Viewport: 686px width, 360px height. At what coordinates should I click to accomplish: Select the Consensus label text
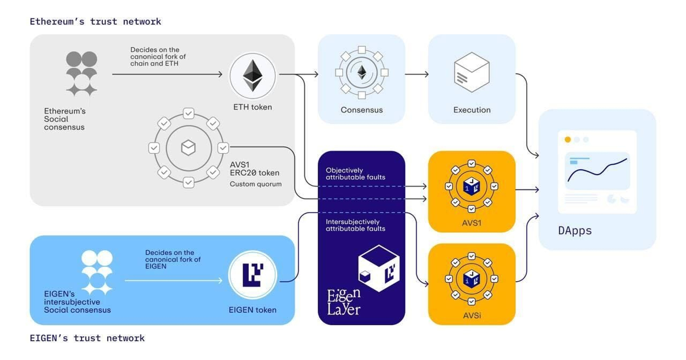pos(361,110)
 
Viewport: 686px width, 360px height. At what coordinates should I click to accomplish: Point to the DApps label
pos(575,230)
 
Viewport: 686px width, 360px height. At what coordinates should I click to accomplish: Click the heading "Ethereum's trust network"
pos(95,21)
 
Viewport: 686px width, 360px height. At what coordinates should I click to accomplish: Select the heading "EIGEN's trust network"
pos(87,338)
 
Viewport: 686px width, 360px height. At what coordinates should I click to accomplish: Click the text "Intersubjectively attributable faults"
pos(355,225)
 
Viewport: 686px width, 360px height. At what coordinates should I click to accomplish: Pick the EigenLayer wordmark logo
pos(343,301)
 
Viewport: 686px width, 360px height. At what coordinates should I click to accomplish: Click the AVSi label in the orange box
pos(472,316)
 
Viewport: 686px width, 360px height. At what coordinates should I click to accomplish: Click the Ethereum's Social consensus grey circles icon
pos(81,73)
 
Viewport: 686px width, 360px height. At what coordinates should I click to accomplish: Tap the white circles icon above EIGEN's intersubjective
pos(96,272)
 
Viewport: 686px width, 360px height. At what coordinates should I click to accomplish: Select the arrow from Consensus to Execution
pos(417,74)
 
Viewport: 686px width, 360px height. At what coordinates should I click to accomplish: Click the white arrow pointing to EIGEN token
pos(176,280)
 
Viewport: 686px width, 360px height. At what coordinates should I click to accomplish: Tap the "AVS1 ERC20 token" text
pos(254,168)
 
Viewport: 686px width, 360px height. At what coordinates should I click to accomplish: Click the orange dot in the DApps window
pos(568,140)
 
